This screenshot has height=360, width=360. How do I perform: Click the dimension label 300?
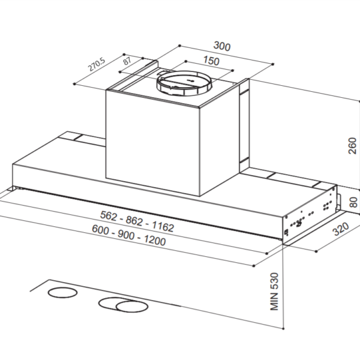click(x=222, y=47)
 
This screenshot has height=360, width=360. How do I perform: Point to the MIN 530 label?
click(x=275, y=293)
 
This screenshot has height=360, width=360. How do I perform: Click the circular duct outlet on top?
click(x=185, y=83)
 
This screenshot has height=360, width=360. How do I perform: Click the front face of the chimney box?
click(x=152, y=142)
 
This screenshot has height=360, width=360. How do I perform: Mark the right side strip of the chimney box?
click(x=244, y=126)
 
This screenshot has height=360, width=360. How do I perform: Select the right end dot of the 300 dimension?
click(x=273, y=63)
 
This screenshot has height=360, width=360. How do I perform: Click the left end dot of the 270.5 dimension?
click(x=74, y=84)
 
